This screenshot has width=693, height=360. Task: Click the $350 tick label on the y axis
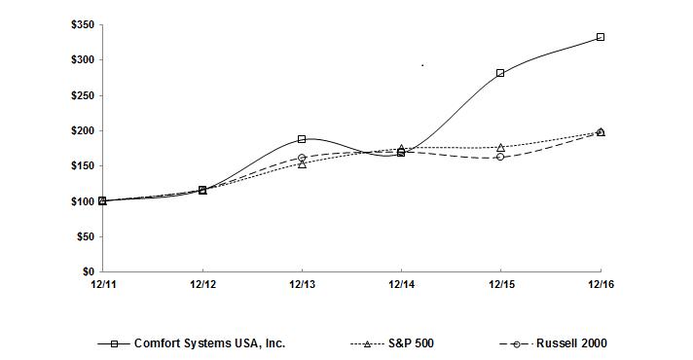click(82, 25)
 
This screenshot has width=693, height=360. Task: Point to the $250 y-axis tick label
click(82, 95)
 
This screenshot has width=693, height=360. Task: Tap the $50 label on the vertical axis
click(85, 236)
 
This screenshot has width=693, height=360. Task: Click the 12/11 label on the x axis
click(102, 284)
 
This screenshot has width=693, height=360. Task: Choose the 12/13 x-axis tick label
click(302, 284)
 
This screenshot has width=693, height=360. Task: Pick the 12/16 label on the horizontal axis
click(601, 284)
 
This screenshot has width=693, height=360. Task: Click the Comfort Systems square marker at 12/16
click(601, 37)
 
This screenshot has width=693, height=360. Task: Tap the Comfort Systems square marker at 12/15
click(500, 73)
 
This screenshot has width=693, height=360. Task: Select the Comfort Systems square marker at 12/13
click(302, 139)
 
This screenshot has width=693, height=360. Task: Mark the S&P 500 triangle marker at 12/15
click(500, 147)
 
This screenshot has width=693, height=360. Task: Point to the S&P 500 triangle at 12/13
click(302, 163)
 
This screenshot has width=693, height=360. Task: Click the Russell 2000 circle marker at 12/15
click(500, 157)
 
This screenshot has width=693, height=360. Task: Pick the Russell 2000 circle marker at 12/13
click(302, 158)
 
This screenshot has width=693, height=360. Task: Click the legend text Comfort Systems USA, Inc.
click(209, 343)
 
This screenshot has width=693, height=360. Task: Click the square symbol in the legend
click(115, 343)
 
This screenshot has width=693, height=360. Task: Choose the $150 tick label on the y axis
click(82, 166)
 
